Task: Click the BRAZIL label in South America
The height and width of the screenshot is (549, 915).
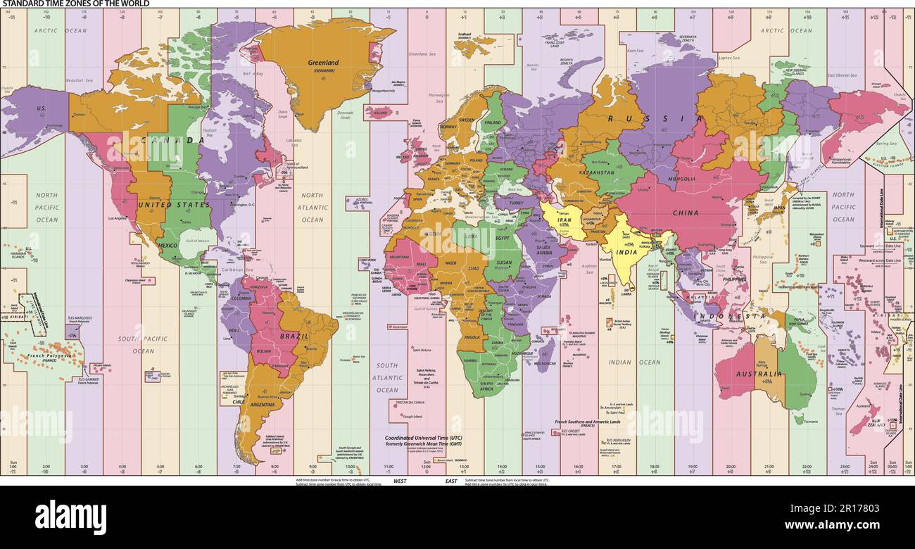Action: [x=294, y=336]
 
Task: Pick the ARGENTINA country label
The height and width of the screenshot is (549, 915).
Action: [x=262, y=405]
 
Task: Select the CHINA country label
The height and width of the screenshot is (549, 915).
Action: [x=685, y=213]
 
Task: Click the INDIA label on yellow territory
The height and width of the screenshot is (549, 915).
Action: [x=626, y=252]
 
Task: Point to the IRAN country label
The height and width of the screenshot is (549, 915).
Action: [x=564, y=220]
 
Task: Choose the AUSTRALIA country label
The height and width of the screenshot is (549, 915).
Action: [x=759, y=374]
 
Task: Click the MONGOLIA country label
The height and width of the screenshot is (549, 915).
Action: [x=683, y=179]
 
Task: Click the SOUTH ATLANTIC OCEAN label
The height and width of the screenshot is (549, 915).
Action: [x=386, y=378]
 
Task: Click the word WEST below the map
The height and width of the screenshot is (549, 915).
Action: [x=400, y=481]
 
